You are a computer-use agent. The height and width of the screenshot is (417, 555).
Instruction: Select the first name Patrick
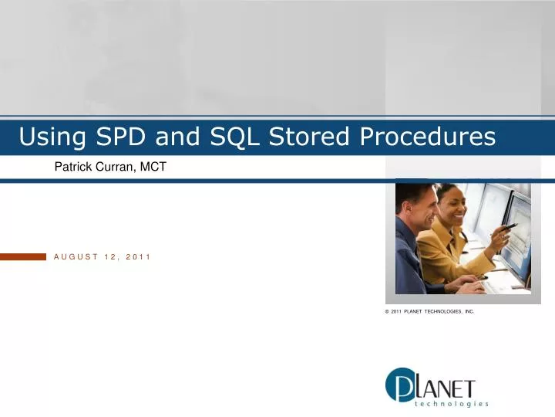[x=73, y=166]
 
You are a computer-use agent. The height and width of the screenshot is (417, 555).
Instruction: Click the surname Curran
[x=117, y=166]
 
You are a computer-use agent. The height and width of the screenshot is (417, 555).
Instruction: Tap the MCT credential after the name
[x=154, y=166]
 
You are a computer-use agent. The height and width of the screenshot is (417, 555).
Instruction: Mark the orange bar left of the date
[x=23, y=256]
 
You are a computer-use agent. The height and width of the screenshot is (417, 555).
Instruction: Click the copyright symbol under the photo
[x=387, y=311]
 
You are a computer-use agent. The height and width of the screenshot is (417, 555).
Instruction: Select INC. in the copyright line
[x=469, y=311]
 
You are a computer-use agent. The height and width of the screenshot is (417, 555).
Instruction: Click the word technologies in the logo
[x=452, y=404]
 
